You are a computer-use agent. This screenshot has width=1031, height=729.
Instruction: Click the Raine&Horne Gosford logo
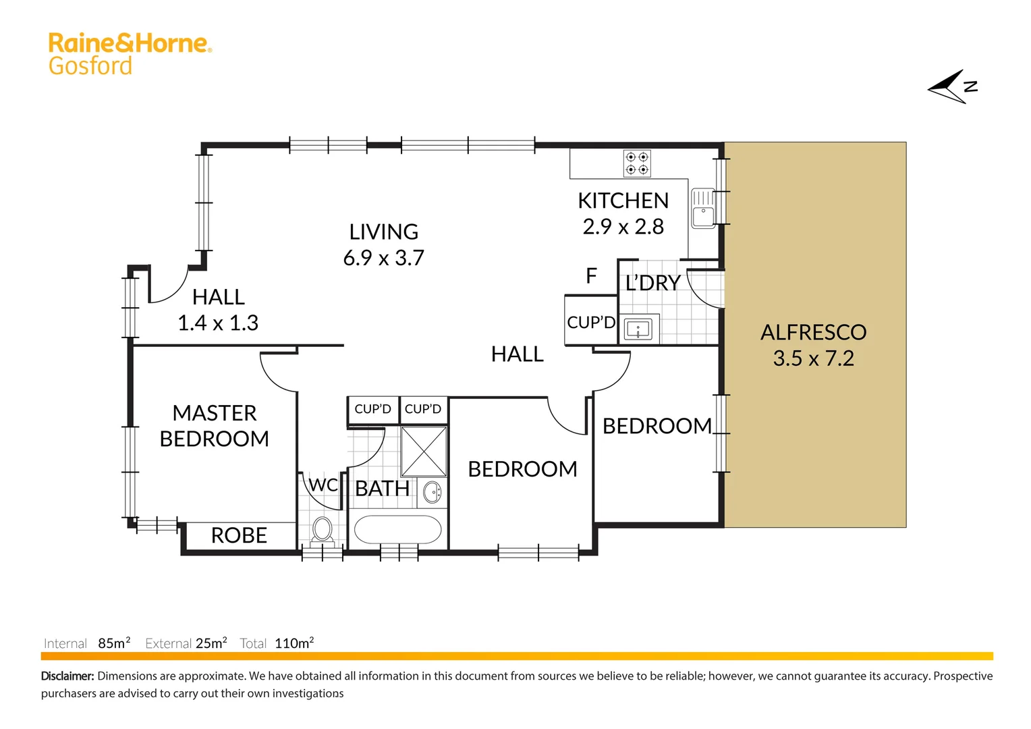pyautogui.click(x=130, y=53)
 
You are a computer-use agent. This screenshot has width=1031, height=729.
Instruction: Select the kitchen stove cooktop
pyautogui.click(x=637, y=163)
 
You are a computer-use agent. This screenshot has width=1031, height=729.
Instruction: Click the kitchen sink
pyautogui.click(x=703, y=208)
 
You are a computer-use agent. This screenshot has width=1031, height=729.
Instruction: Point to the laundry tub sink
pyautogui.click(x=638, y=329)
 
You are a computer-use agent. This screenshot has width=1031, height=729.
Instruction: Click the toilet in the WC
pyautogui.click(x=323, y=530)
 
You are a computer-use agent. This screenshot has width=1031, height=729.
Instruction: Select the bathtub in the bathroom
pyautogui.click(x=397, y=530)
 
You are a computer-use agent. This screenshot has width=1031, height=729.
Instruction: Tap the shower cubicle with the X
pyautogui.click(x=424, y=452)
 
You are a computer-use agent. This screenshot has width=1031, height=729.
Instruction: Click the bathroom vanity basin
pyautogui.click(x=432, y=493)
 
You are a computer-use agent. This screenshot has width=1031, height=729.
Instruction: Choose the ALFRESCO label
pyautogui.click(x=813, y=332)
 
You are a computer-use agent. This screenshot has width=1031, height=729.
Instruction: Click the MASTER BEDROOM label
pyautogui.click(x=214, y=425)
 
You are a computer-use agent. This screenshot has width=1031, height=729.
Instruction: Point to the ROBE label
pyautogui.click(x=239, y=535)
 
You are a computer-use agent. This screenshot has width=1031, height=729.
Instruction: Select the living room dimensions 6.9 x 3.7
pyautogui.click(x=383, y=258)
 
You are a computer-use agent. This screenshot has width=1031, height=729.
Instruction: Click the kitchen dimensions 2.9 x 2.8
pyautogui.click(x=623, y=227)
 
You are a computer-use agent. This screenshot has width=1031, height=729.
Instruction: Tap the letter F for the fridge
pyautogui.click(x=591, y=276)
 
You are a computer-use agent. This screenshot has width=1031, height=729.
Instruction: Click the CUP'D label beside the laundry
pyautogui.click(x=591, y=323)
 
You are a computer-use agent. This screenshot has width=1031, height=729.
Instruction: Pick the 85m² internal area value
pyautogui.click(x=114, y=643)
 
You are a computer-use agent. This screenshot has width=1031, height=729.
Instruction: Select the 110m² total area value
pyautogui.click(x=294, y=643)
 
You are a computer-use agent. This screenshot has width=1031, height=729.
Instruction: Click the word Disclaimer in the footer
pyautogui.click(x=67, y=676)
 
